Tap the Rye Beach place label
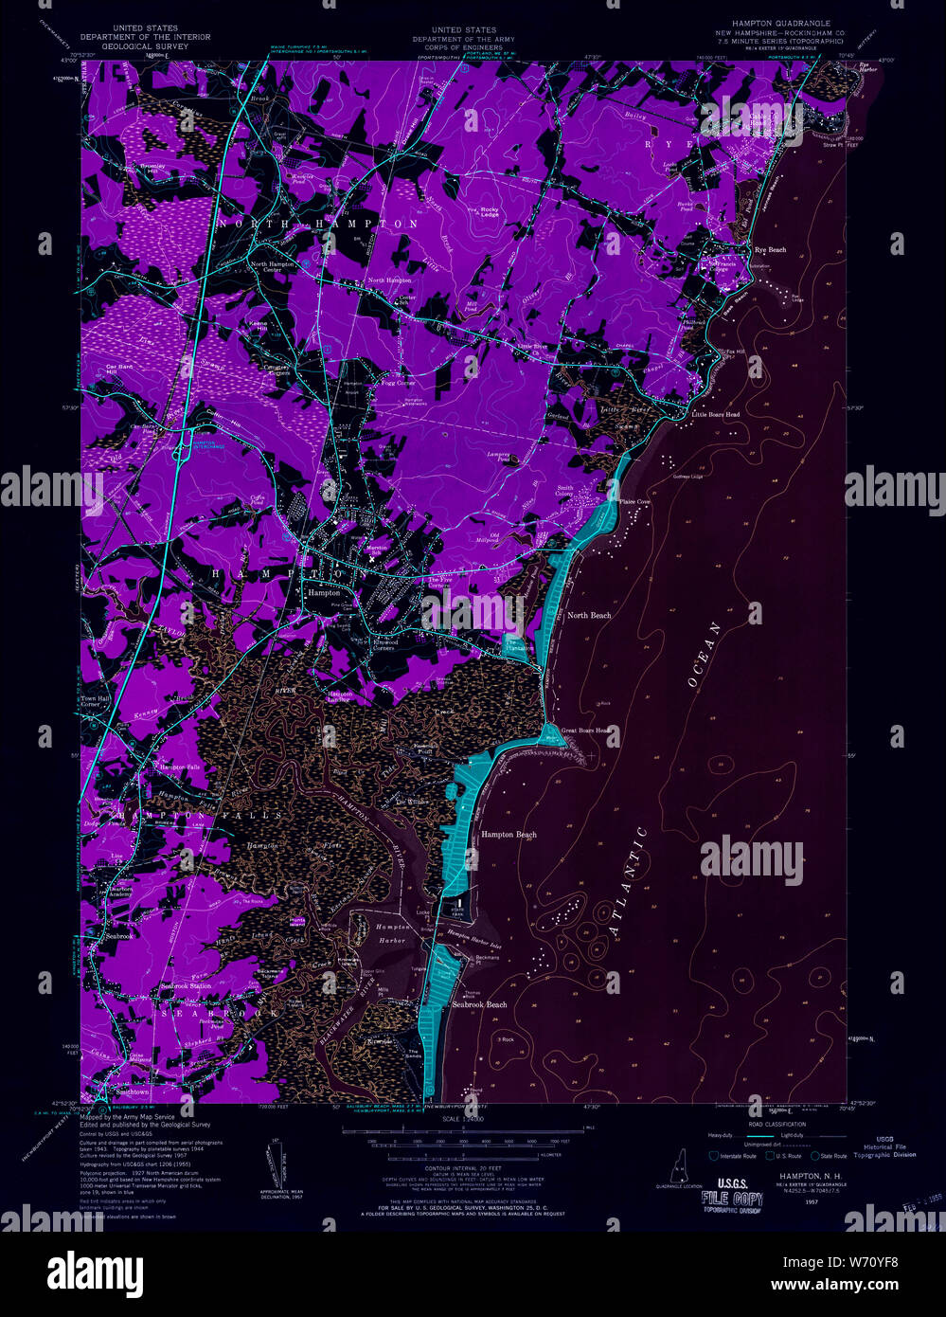pos(770,250)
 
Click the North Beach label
pos(588,616)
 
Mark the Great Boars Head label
pos(589,731)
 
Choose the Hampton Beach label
pos(509,835)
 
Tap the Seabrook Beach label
pos(479,1004)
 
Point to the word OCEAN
pos(701,653)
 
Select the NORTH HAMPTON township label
pos(318,224)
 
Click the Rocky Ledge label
pos(490,212)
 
